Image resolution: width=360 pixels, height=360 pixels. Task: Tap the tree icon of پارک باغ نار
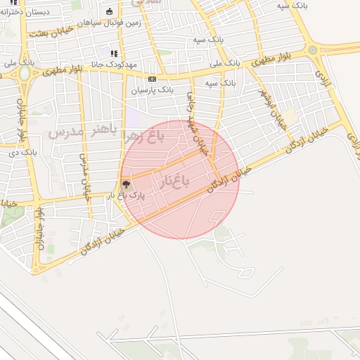127,185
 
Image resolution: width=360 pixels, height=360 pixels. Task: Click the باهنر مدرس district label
79,130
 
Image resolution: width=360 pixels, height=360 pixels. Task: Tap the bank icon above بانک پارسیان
152,79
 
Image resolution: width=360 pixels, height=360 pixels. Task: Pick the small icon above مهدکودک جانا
114,53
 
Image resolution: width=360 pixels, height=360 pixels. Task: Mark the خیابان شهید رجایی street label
196,124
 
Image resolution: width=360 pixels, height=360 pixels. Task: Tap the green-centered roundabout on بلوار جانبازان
25,73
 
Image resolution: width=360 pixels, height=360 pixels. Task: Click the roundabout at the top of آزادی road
312,51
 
